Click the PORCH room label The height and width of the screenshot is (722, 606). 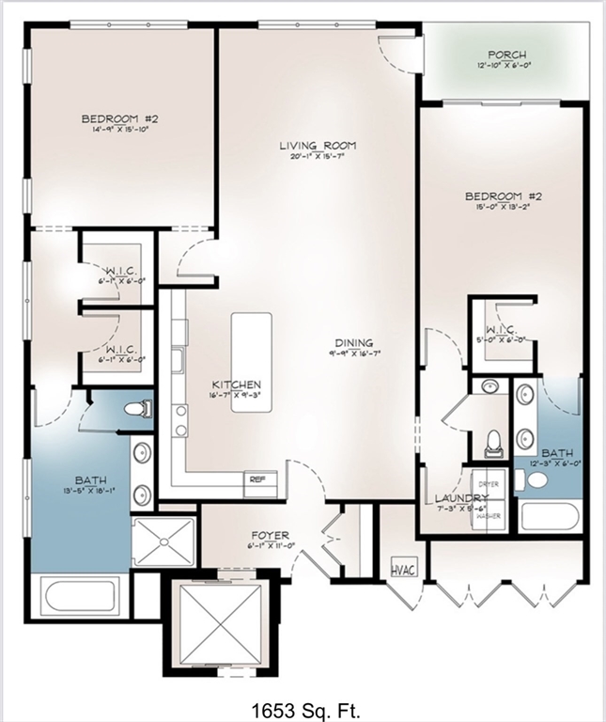pos(507,55)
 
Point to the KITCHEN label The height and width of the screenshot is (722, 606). pos(236,385)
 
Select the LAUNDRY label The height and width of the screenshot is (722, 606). pos(460,497)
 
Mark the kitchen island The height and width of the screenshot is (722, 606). pos(252,344)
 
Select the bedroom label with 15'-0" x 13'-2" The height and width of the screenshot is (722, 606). pos(504,196)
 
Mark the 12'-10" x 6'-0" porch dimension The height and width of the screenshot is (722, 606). pos(507,67)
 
